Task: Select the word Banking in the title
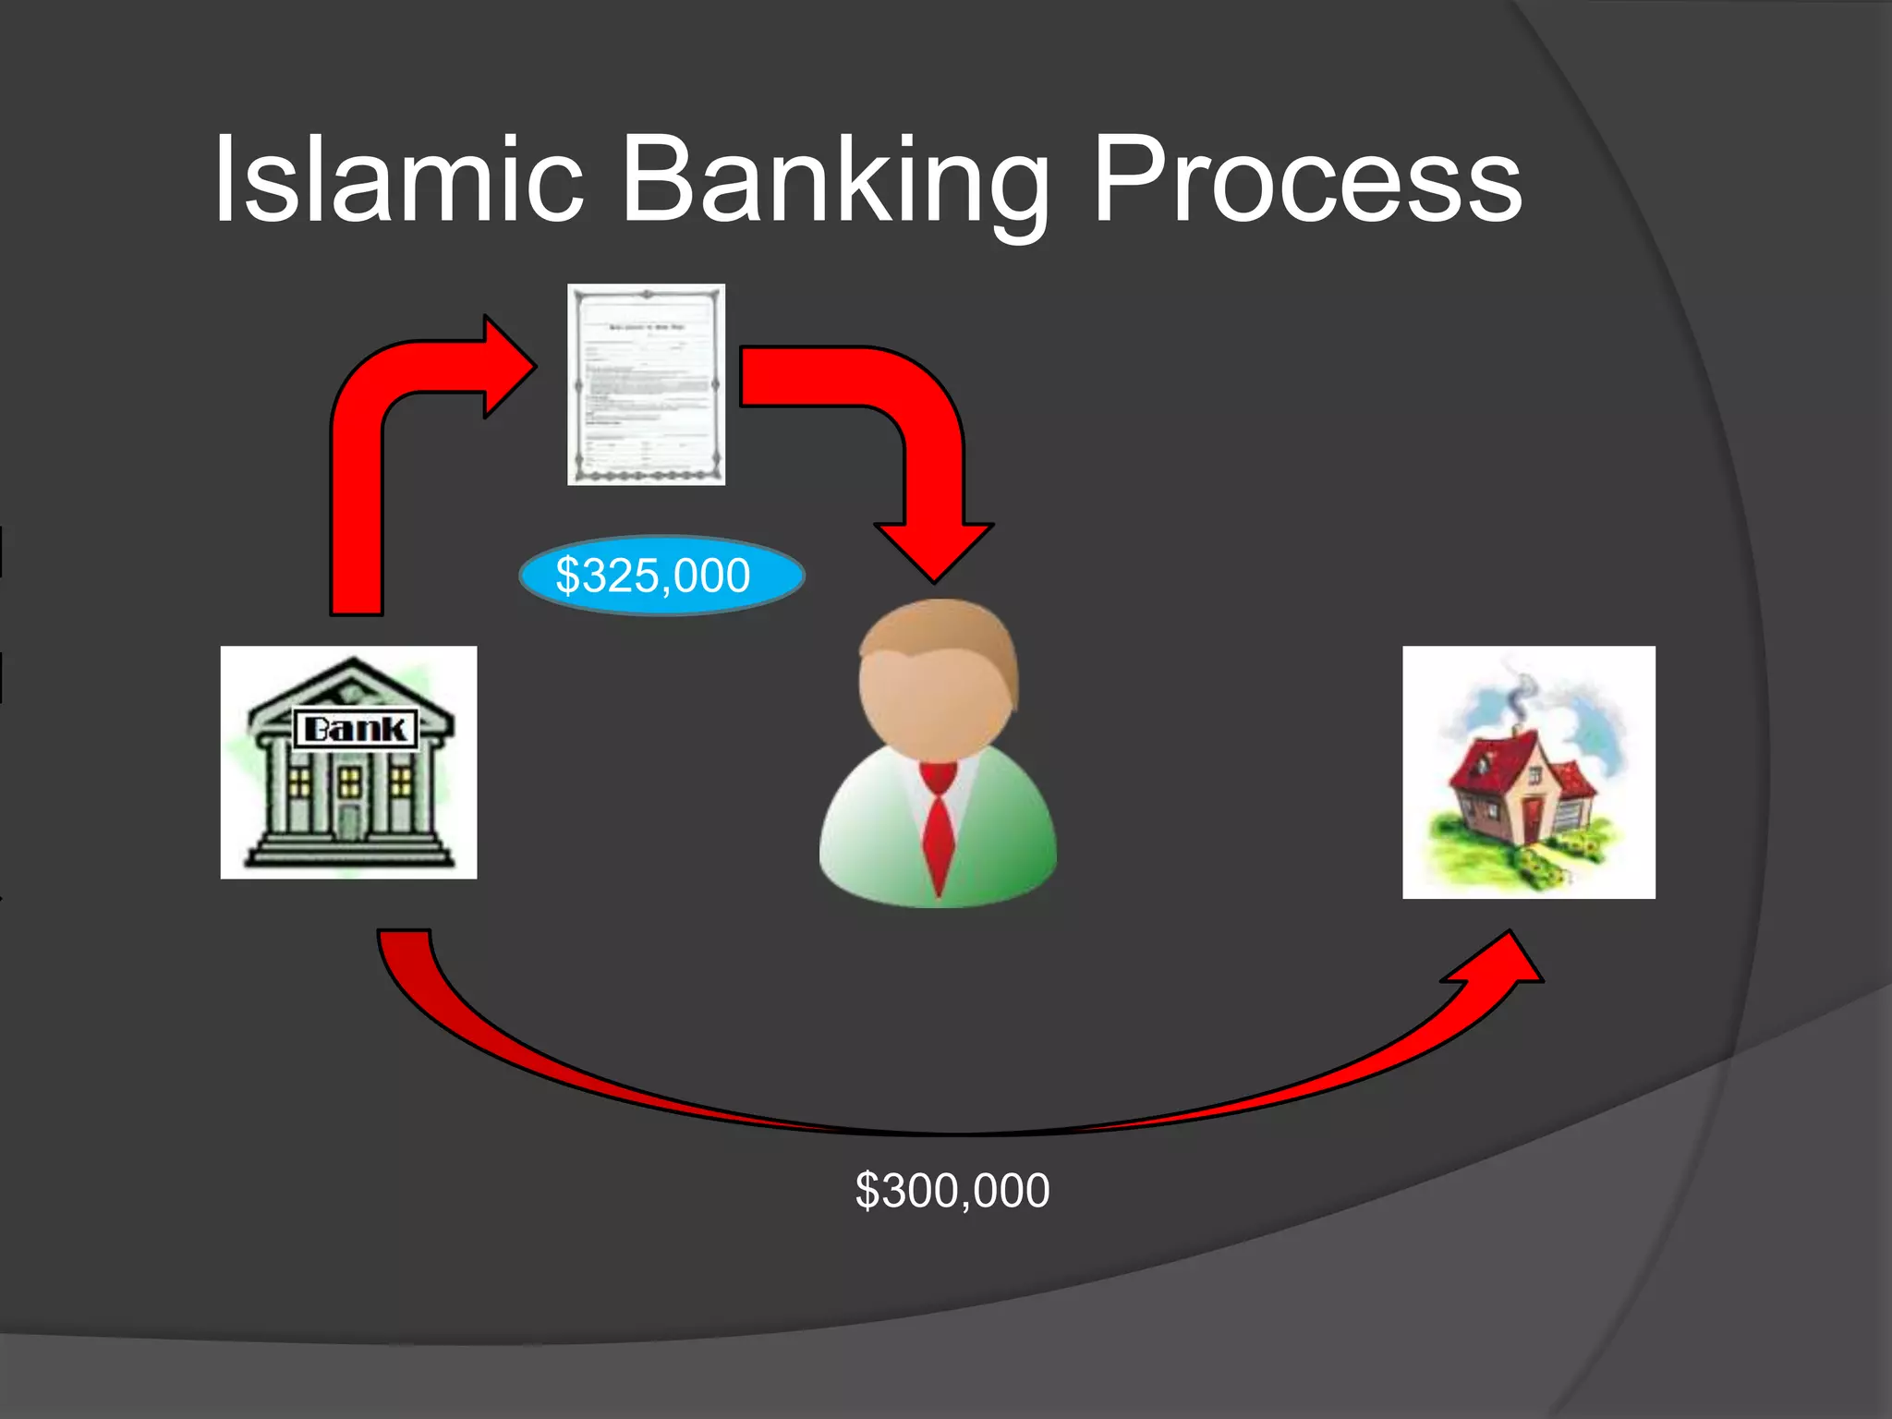coord(836,180)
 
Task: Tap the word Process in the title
coord(1306,180)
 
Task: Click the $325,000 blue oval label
coord(661,576)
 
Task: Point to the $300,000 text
coord(952,1190)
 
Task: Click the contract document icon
coord(646,384)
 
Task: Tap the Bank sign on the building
coord(356,729)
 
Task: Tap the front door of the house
coord(1532,821)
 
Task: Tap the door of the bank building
coord(348,821)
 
